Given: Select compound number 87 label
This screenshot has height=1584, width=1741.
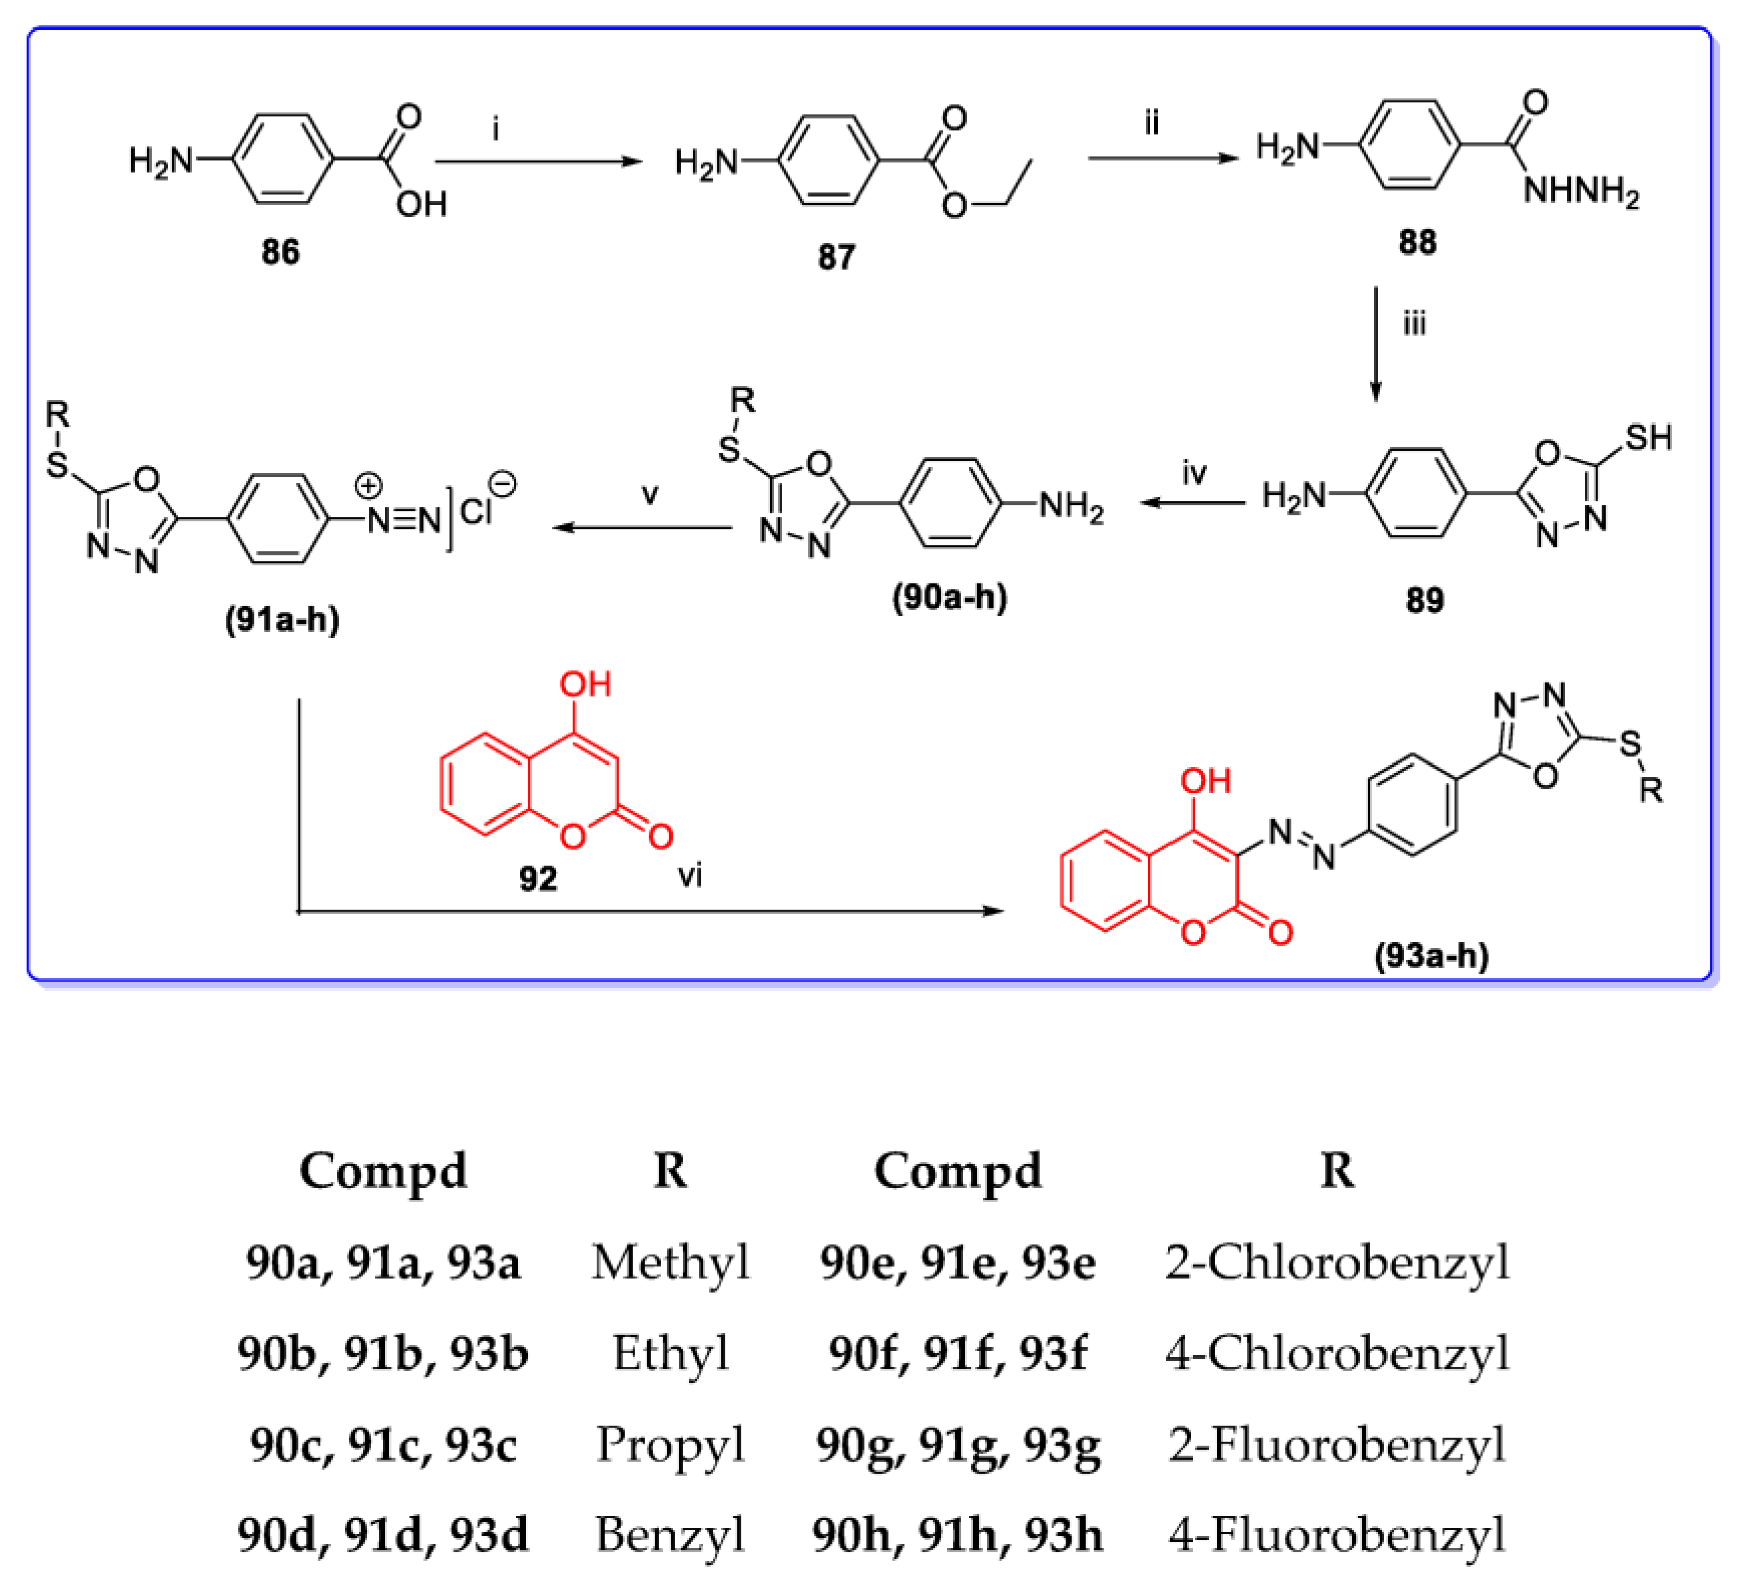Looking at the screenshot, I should tap(835, 258).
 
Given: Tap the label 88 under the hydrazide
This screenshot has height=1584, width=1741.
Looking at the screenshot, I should tap(1417, 242).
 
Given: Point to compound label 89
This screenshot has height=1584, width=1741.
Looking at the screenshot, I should tap(1424, 600).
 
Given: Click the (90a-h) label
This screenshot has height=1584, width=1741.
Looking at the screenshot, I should tap(949, 597).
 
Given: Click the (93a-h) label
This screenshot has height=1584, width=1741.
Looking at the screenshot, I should tap(1432, 956).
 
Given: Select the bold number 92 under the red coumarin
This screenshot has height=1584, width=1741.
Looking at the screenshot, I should tap(538, 879).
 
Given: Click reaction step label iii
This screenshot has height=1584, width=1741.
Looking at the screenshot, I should tap(1414, 324).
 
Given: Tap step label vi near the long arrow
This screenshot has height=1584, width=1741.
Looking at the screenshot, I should tap(689, 876).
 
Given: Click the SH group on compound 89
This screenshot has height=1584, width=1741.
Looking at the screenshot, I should tap(1648, 438).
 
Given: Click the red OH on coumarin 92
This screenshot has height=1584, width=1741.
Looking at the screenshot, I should tap(585, 685).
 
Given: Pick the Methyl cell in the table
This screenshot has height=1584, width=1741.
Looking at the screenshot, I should tap(670, 1263).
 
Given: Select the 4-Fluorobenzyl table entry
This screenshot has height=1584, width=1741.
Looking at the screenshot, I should tap(1337, 1536).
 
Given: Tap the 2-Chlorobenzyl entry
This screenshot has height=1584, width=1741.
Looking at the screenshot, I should tap(1337, 1263).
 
